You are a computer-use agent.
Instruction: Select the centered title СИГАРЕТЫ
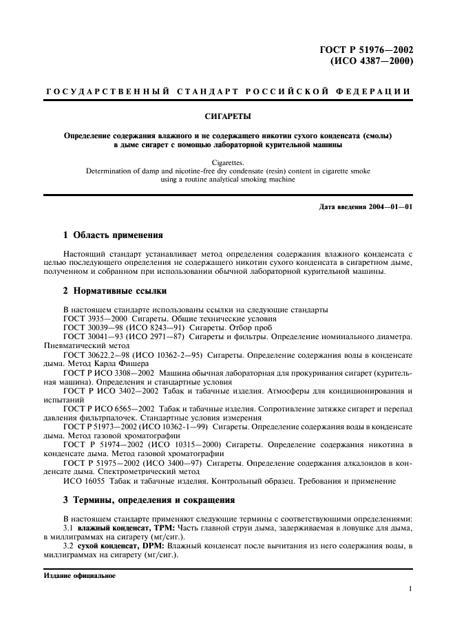pos(227,117)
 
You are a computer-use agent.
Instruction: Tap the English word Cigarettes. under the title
pos(227,163)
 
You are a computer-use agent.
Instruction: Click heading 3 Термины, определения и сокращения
pos(149,500)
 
